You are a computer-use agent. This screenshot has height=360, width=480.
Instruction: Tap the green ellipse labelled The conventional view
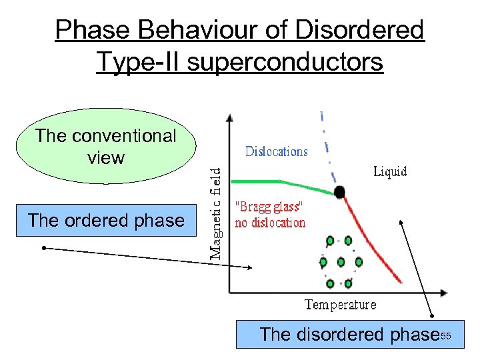[106, 147]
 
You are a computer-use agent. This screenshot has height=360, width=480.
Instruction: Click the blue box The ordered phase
[107, 221]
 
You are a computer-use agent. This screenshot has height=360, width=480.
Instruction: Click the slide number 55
[446, 335]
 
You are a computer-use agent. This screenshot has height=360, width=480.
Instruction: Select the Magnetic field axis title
[218, 213]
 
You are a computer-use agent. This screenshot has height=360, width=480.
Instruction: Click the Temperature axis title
[340, 305]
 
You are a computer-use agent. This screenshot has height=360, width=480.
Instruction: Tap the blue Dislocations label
[276, 151]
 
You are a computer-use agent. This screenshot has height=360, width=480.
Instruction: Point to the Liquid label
[389, 172]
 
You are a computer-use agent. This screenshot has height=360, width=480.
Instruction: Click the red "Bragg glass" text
[270, 207]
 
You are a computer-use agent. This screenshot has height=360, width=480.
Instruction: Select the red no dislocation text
[270, 223]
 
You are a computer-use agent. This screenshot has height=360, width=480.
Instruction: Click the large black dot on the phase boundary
[340, 193]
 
